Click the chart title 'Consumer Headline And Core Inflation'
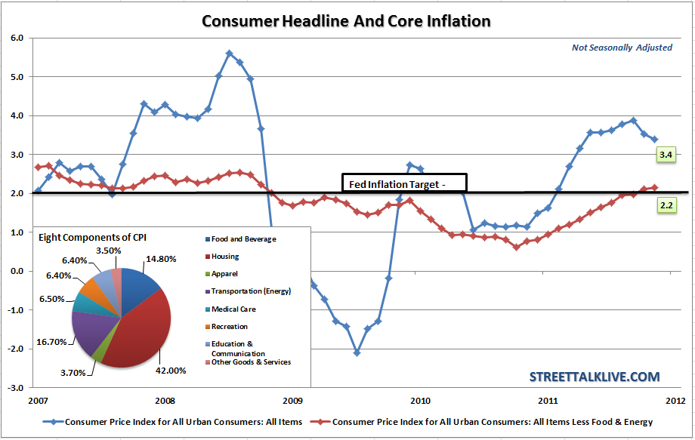click(347, 20)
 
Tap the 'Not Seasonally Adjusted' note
click(622, 48)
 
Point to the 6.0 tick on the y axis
click(17, 37)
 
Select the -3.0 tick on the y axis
click(15, 388)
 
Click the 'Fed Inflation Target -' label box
click(405, 183)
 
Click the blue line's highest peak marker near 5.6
click(229, 54)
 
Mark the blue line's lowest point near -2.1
click(357, 352)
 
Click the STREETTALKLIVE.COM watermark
click(594, 376)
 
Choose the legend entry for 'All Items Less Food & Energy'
click(492, 421)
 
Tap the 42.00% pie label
click(170, 370)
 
